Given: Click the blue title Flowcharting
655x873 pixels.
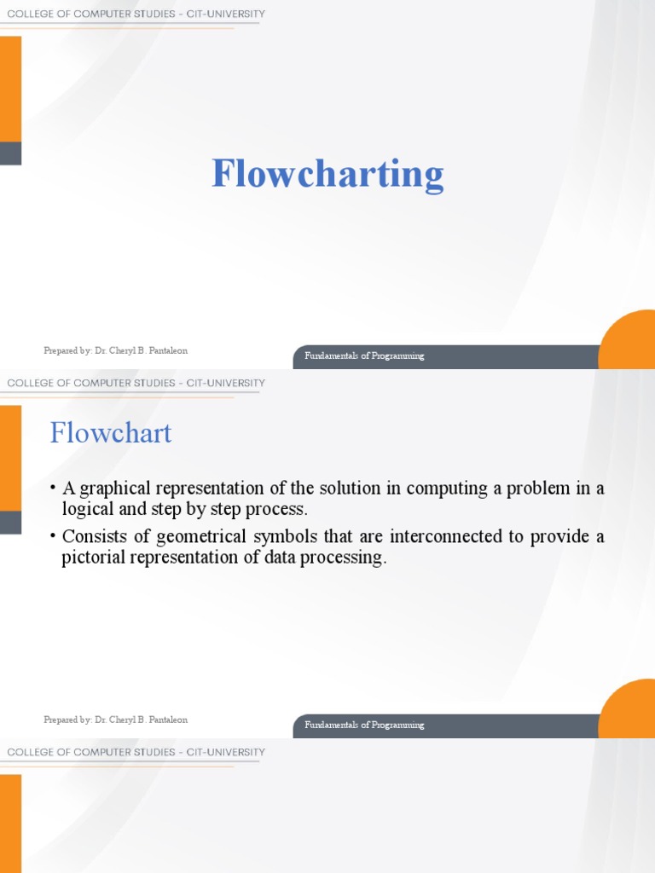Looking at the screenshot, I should pyautogui.click(x=327, y=174).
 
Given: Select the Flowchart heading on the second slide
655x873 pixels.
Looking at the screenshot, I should pyautogui.click(x=111, y=433).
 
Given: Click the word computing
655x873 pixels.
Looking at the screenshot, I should pyautogui.click(x=443, y=489).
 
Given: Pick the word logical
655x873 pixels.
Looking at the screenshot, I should pyautogui.click(x=90, y=509).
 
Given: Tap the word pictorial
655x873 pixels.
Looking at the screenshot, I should pyautogui.click(x=99, y=558).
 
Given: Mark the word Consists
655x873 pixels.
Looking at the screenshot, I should pyautogui.click(x=92, y=537).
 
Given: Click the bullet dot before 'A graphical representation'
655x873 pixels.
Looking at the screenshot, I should pyautogui.click(x=53, y=488).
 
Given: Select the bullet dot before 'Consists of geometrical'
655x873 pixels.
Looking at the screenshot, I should pyautogui.click(x=53, y=536).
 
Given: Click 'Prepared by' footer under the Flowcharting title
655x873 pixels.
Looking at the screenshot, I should pyautogui.click(x=115, y=350).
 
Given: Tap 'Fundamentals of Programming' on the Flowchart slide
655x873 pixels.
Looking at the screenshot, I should pyautogui.click(x=364, y=725).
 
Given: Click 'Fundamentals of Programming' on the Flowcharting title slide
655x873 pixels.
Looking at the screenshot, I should pyautogui.click(x=364, y=356).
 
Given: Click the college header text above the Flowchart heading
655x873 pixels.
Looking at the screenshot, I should pyautogui.click(x=136, y=384).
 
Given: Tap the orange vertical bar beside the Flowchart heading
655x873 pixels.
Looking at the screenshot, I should pyautogui.click(x=10, y=457).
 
